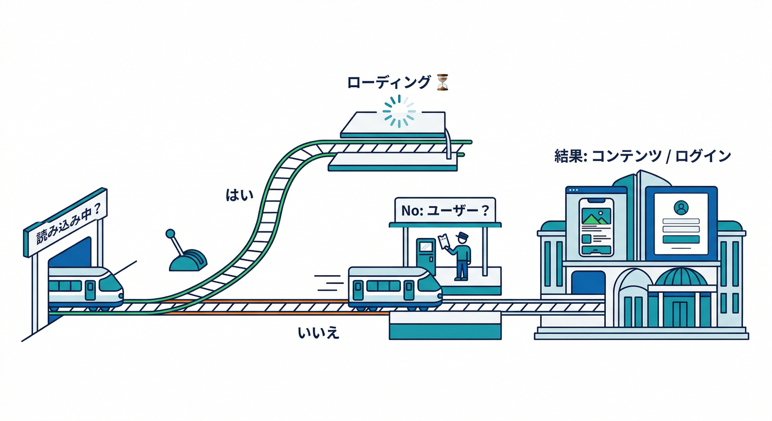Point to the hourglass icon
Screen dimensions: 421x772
point(443,83)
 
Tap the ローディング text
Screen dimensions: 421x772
point(389,83)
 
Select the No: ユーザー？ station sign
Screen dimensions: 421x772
point(445,209)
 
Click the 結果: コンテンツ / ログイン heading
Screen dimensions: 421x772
point(643,156)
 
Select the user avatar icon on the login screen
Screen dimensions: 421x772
point(681,208)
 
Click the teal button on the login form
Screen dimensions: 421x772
point(681,239)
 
